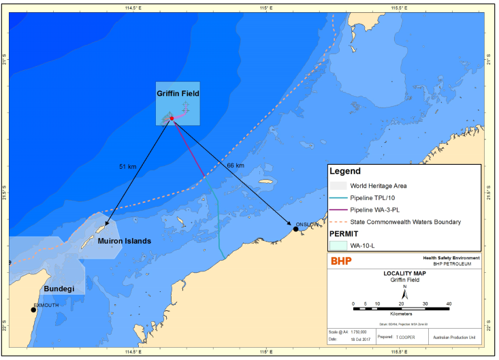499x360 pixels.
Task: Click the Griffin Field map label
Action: [178, 93]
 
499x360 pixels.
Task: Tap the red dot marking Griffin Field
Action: [172, 118]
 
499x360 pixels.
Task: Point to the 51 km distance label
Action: [128, 166]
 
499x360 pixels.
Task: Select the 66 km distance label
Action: [235, 165]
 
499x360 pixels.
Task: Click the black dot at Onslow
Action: [295, 229]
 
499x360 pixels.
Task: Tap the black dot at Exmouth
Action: [33, 310]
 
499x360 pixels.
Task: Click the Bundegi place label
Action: [59, 289]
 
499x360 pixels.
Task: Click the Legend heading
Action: [345, 171]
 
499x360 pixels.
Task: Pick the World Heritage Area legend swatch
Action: [338, 185]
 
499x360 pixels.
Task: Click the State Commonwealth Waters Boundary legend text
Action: [406, 222]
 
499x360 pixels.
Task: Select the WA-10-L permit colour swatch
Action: [338, 246]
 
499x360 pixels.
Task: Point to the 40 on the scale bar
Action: [449, 304]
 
